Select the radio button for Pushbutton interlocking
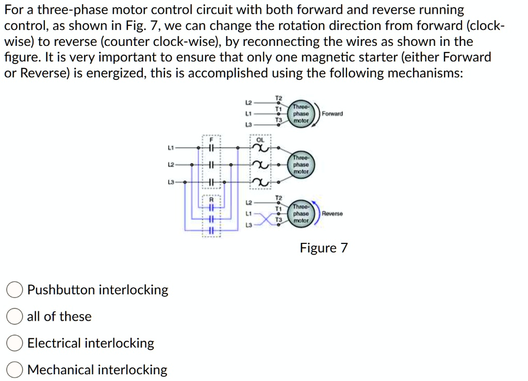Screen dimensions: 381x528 (x=14, y=290)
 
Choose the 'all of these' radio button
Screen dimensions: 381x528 (x=14, y=317)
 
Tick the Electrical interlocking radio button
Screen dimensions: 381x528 (x=14, y=343)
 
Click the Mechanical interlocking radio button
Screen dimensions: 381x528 (x=14, y=370)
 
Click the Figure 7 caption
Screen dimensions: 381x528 (x=324, y=249)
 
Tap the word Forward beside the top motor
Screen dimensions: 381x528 (x=333, y=113)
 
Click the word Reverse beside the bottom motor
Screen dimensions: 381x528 (x=333, y=213)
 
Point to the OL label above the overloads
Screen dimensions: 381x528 (x=260, y=140)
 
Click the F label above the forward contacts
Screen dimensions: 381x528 (x=211, y=139)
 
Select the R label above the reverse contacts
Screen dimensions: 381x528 (x=211, y=200)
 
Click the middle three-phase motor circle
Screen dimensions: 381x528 (x=301, y=164)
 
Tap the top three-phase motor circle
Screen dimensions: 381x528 (x=301, y=113)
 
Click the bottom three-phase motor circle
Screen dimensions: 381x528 (x=301, y=213)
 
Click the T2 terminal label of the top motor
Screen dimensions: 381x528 (x=278, y=98)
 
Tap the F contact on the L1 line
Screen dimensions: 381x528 (x=211, y=148)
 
